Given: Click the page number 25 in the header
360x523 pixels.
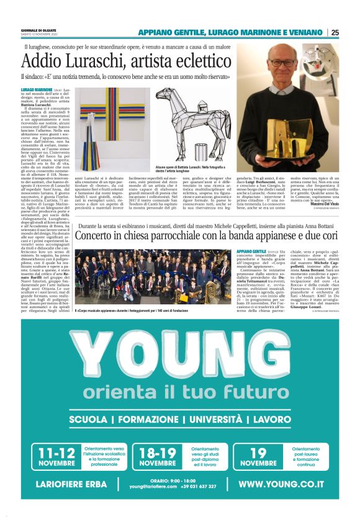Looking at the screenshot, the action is tap(335, 32).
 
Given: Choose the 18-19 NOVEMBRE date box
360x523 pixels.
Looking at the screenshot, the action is tap(158, 457).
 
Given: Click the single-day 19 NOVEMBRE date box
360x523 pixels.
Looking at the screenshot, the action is tap(258, 457).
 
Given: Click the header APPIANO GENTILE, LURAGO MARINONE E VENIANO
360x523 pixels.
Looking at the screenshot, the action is tap(230, 32).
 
